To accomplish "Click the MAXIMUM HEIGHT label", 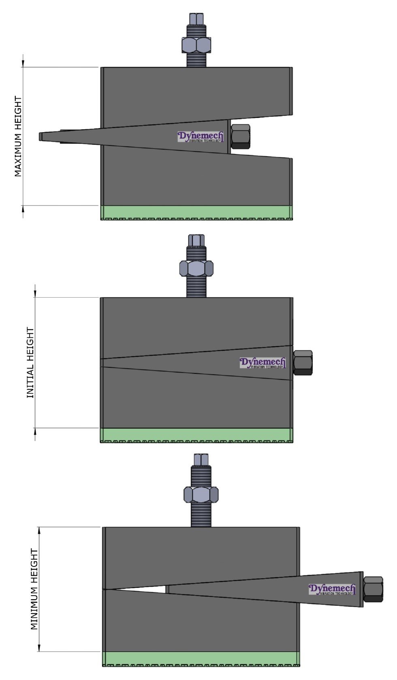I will coord(18,136).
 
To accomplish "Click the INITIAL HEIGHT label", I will coord(30,363).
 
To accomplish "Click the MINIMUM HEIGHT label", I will coord(34,589).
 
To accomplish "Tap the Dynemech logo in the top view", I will coord(201,137).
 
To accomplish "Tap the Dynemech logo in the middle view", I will coord(263,363).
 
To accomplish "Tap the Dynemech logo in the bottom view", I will coord(332,589).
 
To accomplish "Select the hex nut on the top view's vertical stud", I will coord(196,45).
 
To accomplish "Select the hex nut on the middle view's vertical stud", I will coord(196,268).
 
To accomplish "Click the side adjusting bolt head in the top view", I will coord(241,137).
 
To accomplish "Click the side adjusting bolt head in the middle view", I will coord(303,363).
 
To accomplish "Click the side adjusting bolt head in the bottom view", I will coord(373,589).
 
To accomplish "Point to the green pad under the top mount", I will coord(196,212).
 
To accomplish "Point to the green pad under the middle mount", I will coord(196,434).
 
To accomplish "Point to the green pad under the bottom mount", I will coord(201,658).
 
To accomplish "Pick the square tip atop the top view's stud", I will coord(196,19).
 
